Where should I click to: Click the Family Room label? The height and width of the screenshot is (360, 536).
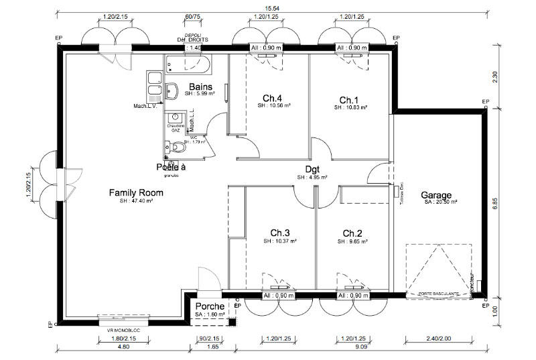[x=136, y=193]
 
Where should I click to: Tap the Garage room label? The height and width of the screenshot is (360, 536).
[x=435, y=195]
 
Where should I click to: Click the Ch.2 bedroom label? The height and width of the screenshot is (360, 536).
[x=352, y=233]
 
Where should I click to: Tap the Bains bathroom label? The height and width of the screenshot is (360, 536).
[x=200, y=87]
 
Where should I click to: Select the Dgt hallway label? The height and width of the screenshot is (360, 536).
[x=312, y=170]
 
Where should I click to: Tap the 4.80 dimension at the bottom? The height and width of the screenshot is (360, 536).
[x=123, y=347]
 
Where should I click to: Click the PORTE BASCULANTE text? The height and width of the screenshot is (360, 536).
[x=438, y=294]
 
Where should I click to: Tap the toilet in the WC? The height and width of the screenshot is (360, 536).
[x=175, y=147]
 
